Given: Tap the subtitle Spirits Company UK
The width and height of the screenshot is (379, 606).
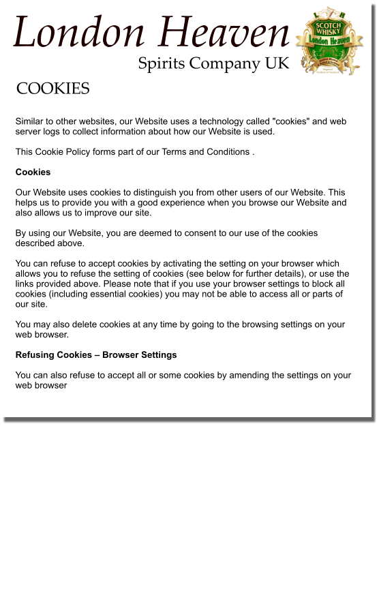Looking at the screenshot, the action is point(213,63).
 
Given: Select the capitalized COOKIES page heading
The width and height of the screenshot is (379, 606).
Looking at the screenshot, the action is point(52,89).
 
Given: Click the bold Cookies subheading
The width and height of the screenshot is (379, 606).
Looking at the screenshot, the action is point(33,172).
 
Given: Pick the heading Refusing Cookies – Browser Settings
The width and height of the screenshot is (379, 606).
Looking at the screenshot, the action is point(96,354).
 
